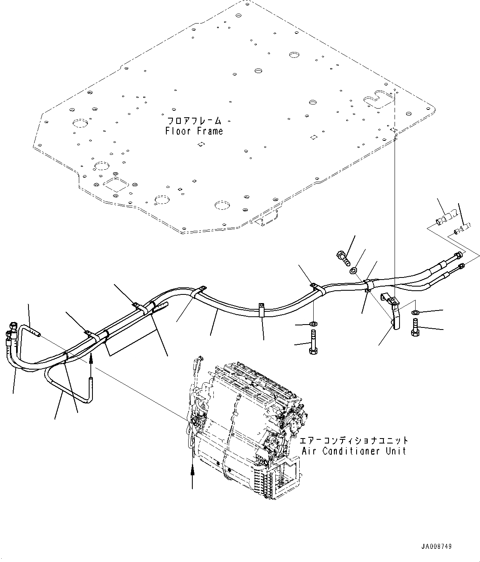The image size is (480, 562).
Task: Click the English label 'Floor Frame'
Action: [194, 131]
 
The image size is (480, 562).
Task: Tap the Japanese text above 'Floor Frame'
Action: [194, 121]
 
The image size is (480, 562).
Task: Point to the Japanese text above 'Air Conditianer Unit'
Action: [354, 440]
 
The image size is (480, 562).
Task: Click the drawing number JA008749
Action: [437, 546]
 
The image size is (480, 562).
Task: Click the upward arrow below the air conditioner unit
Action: [192, 471]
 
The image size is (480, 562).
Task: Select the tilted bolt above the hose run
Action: [343, 258]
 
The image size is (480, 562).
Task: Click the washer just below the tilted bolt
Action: [353, 271]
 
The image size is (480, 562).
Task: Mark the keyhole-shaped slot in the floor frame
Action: [375, 100]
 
